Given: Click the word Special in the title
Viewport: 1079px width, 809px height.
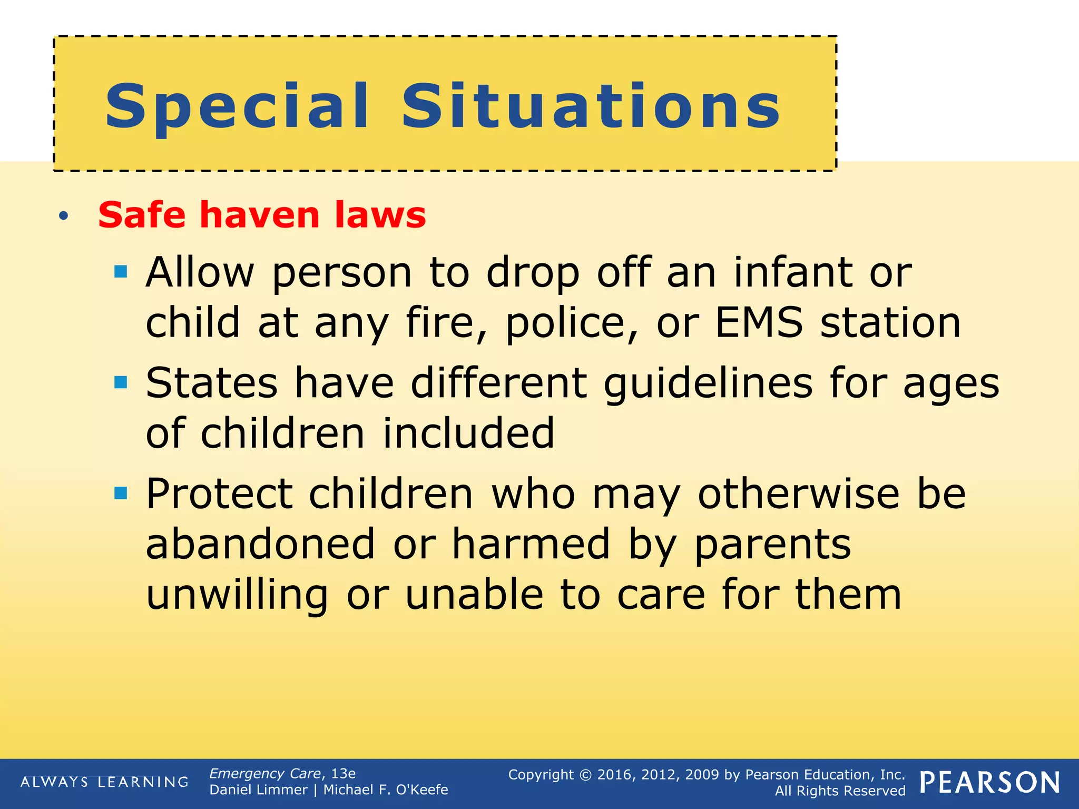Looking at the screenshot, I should pos(237,107).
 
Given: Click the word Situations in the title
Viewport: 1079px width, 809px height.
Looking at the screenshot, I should pos(591,107).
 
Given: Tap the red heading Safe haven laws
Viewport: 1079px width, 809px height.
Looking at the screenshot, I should pos(262,215).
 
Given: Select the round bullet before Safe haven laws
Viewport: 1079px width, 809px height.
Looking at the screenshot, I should pos(64,215).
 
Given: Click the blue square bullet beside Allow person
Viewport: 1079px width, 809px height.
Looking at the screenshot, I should pos(121,272).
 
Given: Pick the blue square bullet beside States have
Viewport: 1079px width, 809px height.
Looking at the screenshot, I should pos(121,382).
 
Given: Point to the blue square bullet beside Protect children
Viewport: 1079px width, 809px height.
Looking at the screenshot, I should pos(121,493).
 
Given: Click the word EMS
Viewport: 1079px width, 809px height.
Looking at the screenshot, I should pos(759,322).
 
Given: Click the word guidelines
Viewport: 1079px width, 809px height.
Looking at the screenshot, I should pos(708,383).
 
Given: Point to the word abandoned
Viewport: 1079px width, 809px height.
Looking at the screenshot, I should pos(260,544).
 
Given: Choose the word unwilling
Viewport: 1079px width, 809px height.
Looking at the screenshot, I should pos(237,595).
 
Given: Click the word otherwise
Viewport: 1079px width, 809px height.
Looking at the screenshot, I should pos(798,494).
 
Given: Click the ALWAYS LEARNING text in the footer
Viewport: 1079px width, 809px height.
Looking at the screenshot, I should pos(104,782).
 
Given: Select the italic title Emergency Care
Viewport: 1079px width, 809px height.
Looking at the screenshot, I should pos(265,773).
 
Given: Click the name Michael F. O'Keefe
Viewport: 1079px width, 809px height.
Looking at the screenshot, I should pos(385,790).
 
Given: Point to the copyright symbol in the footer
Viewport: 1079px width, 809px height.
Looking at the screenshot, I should pos(585,775).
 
